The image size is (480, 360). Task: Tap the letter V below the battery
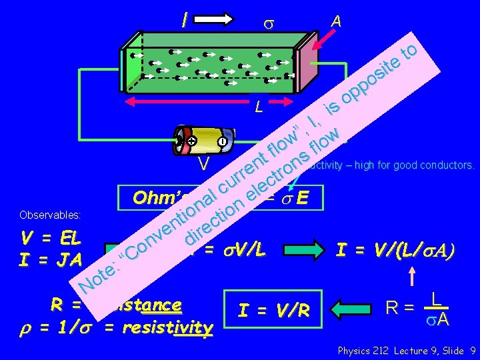[205, 164]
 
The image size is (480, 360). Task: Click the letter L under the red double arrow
[259, 107]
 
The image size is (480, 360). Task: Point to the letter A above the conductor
[337, 22]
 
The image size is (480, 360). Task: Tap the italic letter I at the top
[183, 22]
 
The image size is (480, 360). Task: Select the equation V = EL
[51, 239]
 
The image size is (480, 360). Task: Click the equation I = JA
[51, 259]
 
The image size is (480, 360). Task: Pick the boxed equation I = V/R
[273, 310]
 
